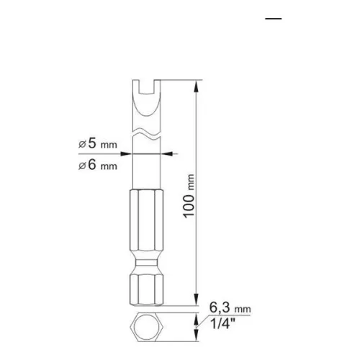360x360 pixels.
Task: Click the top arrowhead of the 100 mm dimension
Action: click(197, 86)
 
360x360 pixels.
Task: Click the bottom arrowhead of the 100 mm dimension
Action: click(197, 306)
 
